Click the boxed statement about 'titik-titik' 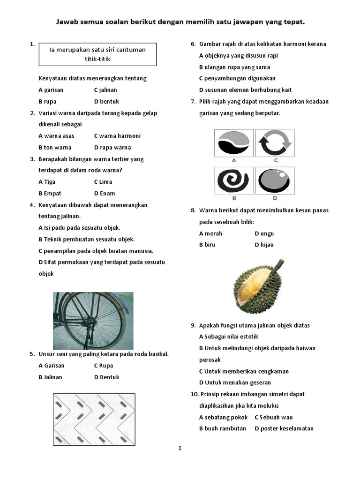[x=97, y=54]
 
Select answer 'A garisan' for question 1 [x=51, y=90]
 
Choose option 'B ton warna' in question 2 [x=55, y=147]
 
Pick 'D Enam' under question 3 [x=104, y=193]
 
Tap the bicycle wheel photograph [x=93, y=320]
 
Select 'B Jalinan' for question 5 [x=50, y=377]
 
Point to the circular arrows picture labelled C [x=275, y=143]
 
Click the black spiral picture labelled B [x=233, y=181]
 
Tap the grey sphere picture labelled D [x=275, y=181]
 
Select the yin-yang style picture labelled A [x=233, y=143]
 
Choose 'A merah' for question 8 [x=210, y=233]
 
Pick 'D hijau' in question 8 [x=264, y=245]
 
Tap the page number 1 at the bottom [x=180, y=449]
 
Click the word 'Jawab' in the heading [x=66, y=22]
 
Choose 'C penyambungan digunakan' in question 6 [x=237, y=78]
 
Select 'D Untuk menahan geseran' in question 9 [x=235, y=382]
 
